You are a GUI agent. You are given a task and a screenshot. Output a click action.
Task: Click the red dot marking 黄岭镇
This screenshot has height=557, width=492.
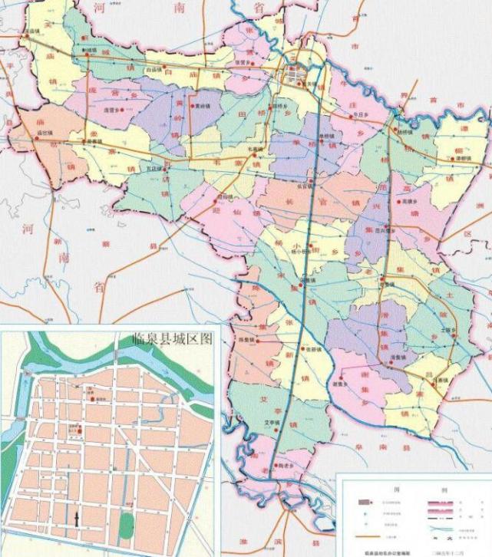[193, 106]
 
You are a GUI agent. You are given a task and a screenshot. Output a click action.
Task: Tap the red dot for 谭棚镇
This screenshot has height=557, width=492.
[451, 159]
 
